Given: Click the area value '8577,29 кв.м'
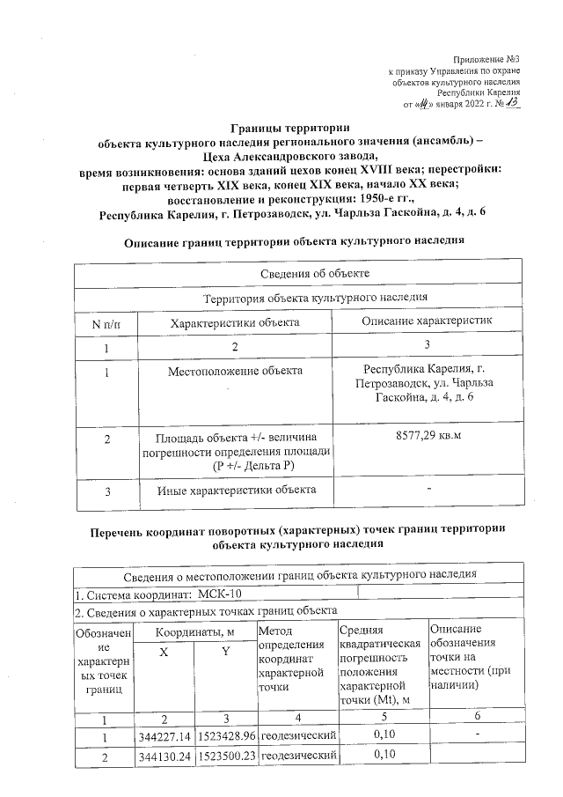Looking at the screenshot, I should point(426,436).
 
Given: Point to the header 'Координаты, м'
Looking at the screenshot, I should point(194,631).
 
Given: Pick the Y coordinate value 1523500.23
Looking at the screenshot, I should point(226,755).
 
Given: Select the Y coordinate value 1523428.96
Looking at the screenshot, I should point(226,735).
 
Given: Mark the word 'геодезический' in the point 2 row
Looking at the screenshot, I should point(299,755).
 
